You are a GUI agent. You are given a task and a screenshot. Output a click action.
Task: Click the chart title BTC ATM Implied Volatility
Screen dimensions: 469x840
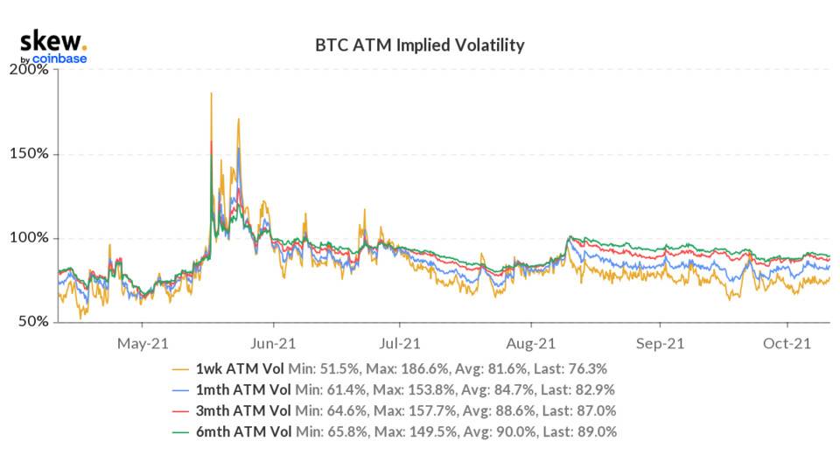419,44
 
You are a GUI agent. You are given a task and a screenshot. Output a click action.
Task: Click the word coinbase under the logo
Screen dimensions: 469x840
60,59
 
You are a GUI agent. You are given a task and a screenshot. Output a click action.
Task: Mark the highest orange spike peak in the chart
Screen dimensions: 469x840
211,93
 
